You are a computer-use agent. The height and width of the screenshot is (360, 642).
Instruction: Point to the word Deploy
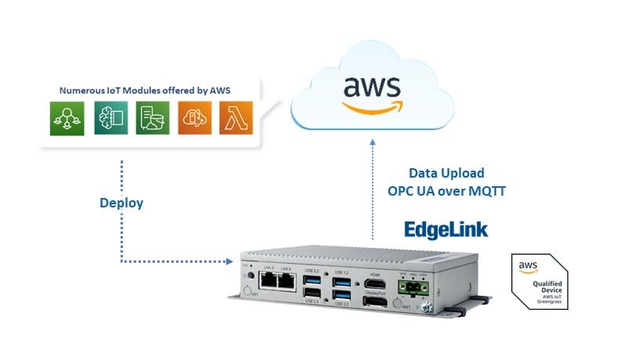[x=121, y=203]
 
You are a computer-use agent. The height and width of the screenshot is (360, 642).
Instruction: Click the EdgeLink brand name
[x=445, y=229]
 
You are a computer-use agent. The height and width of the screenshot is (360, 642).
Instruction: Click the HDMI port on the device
[x=375, y=284]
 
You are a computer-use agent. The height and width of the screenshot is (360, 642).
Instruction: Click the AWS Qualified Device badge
[x=539, y=280]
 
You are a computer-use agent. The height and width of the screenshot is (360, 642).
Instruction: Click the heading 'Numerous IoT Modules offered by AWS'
[x=139, y=91]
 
